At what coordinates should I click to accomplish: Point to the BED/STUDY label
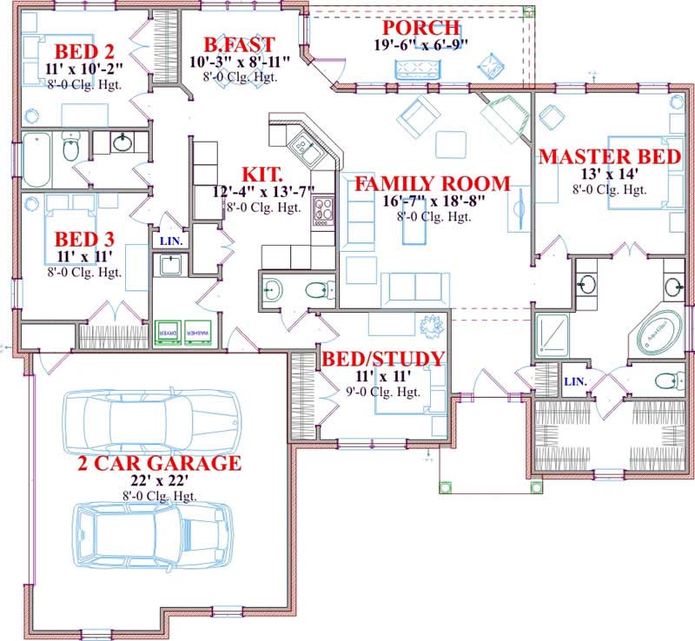click(x=383, y=359)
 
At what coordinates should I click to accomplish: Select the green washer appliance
click(x=194, y=333)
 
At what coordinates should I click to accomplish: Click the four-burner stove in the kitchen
click(x=323, y=209)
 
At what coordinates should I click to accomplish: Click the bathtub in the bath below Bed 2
click(x=36, y=159)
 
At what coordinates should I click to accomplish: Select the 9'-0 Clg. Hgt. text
click(x=383, y=392)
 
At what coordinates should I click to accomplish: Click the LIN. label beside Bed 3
click(x=170, y=240)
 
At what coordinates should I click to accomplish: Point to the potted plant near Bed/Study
click(x=429, y=327)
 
